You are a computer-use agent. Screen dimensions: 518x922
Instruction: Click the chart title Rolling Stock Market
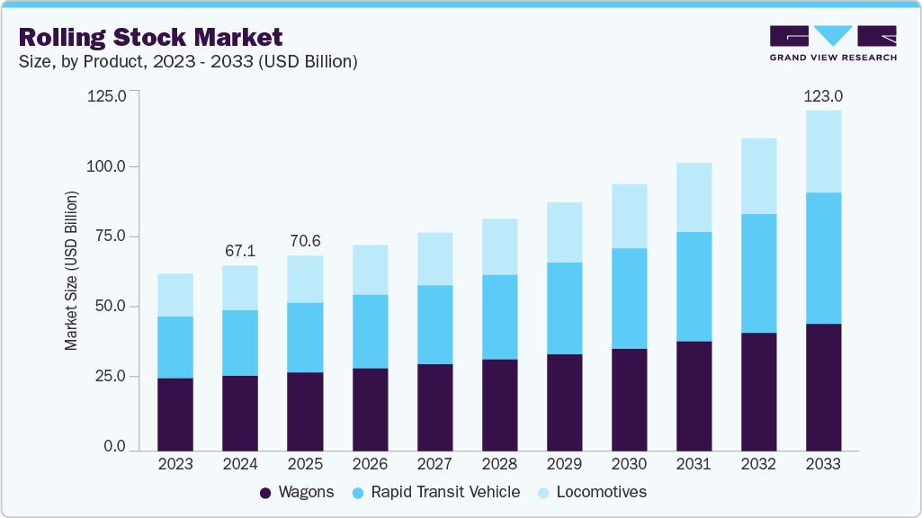[150, 37]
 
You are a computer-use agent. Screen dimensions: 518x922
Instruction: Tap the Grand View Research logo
[833, 43]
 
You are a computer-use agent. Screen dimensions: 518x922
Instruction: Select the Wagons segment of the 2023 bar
[175, 414]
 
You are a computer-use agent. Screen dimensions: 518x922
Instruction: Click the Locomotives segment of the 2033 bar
[823, 151]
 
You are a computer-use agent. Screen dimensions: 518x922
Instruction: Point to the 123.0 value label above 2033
[823, 96]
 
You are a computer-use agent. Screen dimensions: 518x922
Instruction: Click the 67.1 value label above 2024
[240, 249]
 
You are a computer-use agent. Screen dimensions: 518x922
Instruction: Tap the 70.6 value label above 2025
[305, 240]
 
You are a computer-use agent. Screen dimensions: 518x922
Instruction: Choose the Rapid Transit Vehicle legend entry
[445, 492]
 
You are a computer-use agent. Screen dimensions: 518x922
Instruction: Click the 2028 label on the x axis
[499, 464]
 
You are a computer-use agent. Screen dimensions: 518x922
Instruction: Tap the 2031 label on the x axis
[694, 464]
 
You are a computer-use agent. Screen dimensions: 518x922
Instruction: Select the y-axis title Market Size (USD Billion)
[71, 271]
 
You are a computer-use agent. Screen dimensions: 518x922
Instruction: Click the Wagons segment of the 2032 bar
[758, 391]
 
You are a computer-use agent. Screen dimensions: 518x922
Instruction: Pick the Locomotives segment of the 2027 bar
[434, 259]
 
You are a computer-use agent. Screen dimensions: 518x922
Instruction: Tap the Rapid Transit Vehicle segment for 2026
[370, 331]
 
